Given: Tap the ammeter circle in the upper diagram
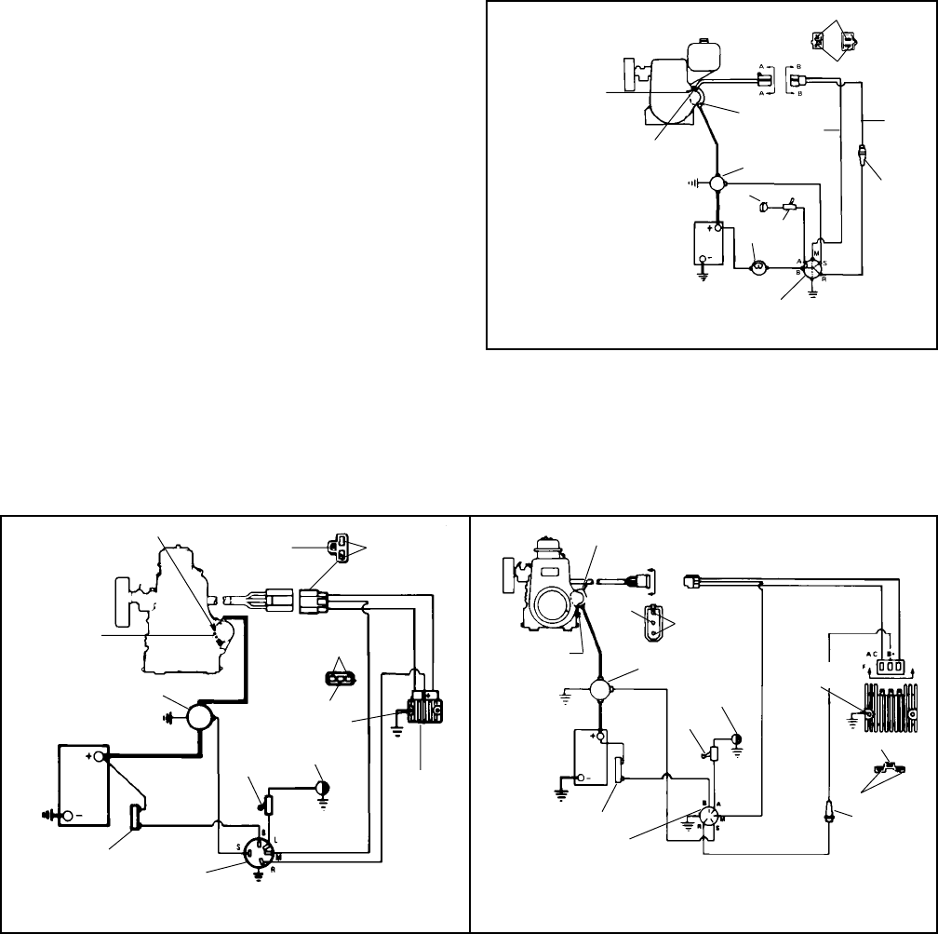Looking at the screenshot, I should pos(758,266).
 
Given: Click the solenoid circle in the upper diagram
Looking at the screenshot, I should pos(717,183).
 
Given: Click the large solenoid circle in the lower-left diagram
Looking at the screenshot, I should pos(198,718).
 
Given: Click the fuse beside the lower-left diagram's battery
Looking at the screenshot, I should pos(138,819).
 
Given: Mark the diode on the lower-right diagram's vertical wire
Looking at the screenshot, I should pos(826,806).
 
